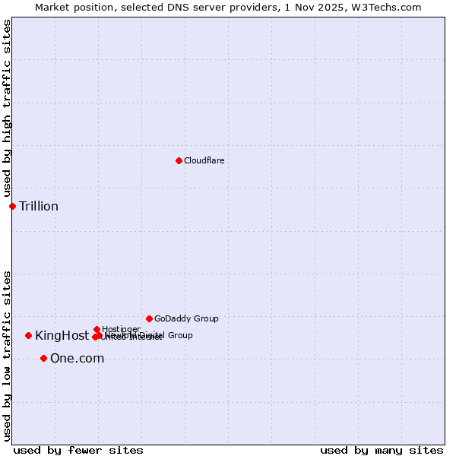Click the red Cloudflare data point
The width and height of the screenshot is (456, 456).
(179, 160)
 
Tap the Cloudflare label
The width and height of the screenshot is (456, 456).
(204, 160)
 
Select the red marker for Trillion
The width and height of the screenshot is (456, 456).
(12, 206)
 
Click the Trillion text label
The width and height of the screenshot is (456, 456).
(39, 207)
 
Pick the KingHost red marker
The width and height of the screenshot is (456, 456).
(28, 335)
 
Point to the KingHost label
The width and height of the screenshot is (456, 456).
(62, 335)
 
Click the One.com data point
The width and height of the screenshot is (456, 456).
(43, 358)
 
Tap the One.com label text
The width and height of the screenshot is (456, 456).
(77, 359)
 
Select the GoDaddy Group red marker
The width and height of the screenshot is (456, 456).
(149, 318)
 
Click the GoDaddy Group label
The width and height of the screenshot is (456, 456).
(186, 318)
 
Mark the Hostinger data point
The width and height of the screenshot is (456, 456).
(97, 329)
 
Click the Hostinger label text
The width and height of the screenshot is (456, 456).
(121, 329)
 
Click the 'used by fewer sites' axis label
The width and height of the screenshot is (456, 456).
(78, 450)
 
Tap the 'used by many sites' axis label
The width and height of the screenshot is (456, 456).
(382, 450)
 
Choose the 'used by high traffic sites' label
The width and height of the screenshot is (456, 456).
(7, 109)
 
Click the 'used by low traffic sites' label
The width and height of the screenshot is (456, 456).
(7, 356)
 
